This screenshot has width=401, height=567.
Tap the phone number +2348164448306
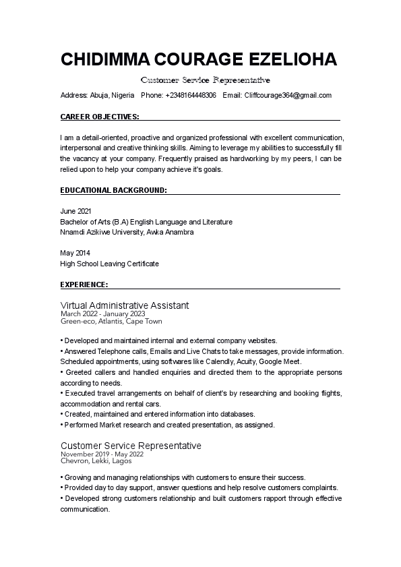point(191,96)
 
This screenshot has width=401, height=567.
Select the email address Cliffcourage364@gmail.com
point(288,96)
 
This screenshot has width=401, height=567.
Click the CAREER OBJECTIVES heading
point(100,117)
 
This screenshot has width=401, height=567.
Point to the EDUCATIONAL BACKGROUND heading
point(113,190)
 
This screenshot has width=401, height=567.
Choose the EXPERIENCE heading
point(84,285)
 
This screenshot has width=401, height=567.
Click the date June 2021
point(75,211)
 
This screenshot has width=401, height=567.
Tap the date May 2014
point(75,253)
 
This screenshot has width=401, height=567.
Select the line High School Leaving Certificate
point(109,264)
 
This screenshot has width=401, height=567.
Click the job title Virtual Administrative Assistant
point(125,305)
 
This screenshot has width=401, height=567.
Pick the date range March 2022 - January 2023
point(103,314)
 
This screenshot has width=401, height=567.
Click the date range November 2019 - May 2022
point(102,454)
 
